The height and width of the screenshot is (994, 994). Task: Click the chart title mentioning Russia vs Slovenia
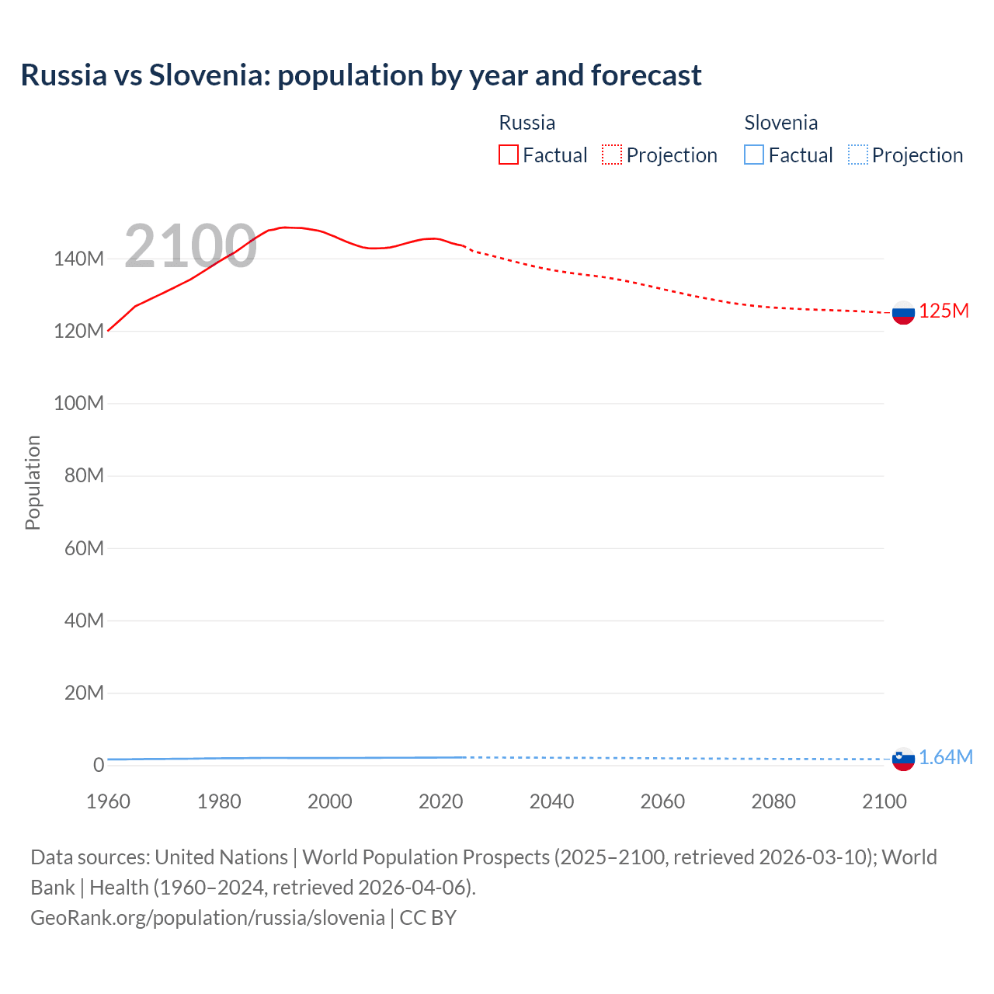click(361, 75)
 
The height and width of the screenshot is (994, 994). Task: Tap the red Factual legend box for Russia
click(508, 155)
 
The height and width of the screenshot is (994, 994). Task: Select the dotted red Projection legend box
click(612, 155)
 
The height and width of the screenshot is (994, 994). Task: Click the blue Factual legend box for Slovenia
click(754, 155)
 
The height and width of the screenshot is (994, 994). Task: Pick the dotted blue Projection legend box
click(858, 155)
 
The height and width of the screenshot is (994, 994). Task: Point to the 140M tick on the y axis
click(78, 259)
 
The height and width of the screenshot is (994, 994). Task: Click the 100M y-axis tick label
click(78, 403)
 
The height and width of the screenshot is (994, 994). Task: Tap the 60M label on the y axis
click(83, 548)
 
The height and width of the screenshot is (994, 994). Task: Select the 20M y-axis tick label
click(83, 693)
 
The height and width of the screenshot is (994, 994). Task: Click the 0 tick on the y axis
click(98, 765)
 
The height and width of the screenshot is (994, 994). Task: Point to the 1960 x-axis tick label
click(108, 801)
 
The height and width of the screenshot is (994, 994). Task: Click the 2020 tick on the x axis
click(440, 801)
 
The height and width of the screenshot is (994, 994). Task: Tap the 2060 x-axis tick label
click(662, 801)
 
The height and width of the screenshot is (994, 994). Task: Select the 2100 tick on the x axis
click(884, 801)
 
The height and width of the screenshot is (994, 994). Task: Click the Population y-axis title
click(33, 482)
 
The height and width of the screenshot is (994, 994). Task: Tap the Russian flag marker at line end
click(903, 313)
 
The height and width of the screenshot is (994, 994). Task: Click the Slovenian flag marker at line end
click(903, 759)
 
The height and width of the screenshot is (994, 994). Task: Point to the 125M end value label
click(944, 311)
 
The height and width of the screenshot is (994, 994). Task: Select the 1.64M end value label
click(945, 758)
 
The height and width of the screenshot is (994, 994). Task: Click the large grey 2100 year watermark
click(190, 246)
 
